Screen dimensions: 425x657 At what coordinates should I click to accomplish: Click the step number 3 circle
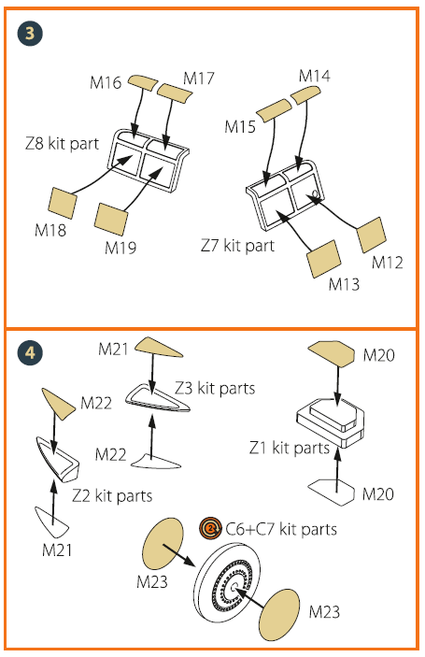(30, 33)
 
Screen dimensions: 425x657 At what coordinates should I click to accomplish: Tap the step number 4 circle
(30, 352)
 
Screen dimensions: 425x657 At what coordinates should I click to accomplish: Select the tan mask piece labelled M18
(63, 203)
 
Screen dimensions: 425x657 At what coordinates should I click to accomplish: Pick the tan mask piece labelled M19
(111, 219)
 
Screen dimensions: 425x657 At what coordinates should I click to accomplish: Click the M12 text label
(388, 263)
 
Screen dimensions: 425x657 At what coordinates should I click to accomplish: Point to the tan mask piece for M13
(324, 259)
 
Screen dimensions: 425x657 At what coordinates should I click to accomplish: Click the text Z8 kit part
(62, 144)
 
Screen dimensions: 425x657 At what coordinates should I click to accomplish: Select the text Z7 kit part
(237, 246)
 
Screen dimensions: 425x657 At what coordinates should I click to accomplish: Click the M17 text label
(199, 79)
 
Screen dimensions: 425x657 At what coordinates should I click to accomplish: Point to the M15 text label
(240, 126)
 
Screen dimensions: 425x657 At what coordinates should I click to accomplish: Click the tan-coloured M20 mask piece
(332, 353)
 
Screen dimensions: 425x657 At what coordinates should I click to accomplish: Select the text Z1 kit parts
(290, 448)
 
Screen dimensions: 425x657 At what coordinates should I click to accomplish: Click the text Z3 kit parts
(215, 389)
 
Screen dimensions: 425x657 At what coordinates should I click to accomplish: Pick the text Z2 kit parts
(112, 496)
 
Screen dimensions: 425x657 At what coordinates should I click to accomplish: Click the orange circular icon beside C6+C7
(210, 528)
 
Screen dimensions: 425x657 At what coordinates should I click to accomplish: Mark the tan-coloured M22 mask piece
(59, 404)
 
